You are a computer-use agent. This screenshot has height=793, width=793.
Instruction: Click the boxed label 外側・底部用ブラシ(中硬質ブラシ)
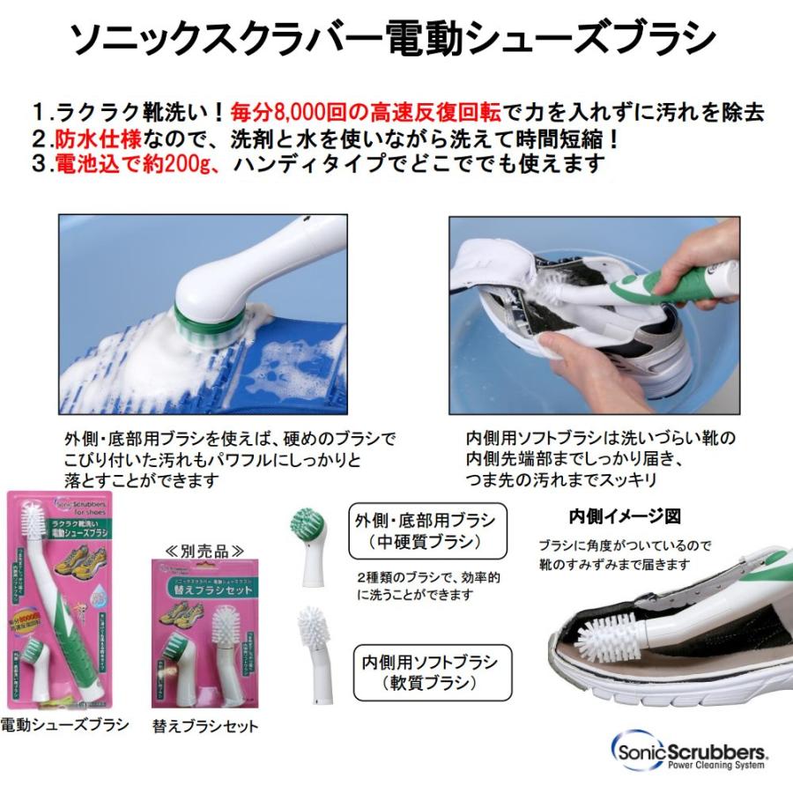426,530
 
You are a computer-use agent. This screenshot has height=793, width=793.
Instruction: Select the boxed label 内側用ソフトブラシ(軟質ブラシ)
426,671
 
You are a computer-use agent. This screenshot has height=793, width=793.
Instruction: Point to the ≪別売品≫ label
204,551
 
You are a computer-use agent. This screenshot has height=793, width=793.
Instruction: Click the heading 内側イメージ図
626,515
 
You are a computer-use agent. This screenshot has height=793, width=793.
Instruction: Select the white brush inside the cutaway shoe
611,635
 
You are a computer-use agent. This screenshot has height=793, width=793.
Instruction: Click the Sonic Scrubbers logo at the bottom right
688,750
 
